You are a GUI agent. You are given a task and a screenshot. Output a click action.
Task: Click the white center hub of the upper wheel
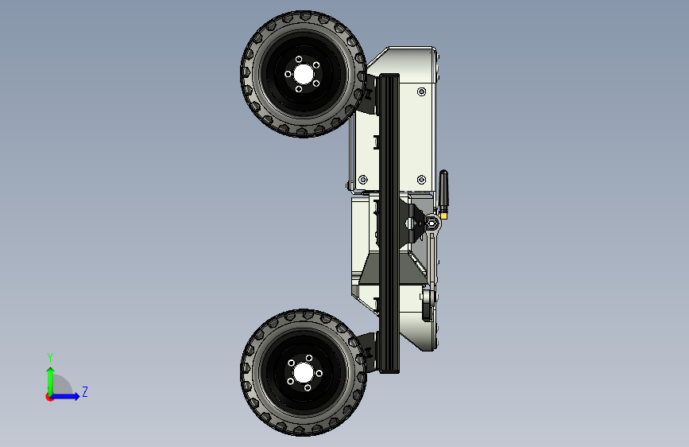[303, 74]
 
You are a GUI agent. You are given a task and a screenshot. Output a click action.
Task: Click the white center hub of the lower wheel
[303, 374]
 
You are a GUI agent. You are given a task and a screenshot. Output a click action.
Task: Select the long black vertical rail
[389, 223]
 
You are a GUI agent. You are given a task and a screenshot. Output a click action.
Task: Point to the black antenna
[443, 191]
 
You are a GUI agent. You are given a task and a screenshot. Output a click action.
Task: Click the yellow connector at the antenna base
[443, 215]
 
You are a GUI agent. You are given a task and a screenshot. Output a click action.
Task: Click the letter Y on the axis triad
[50, 357]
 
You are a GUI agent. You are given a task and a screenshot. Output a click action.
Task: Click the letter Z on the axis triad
[85, 391]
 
